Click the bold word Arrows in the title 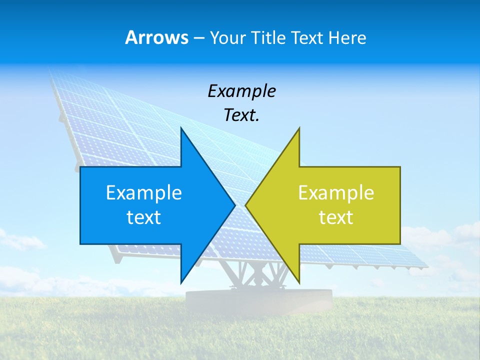click(x=157, y=37)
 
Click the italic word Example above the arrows click(x=241, y=91)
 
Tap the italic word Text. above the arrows click(x=241, y=115)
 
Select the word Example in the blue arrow click(x=144, y=193)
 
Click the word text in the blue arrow click(x=144, y=217)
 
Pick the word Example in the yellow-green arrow click(x=336, y=193)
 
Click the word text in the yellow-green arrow click(x=336, y=217)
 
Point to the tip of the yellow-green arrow click(x=246, y=205)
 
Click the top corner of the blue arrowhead click(x=181, y=128)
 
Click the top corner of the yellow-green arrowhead click(x=299, y=128)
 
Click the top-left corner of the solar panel click(x=51, y=71)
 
